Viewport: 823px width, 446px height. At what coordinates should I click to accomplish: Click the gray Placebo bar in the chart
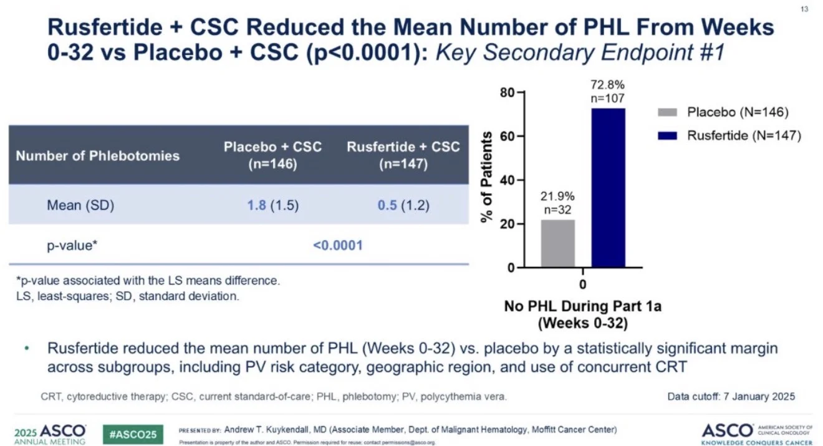(x=558, y=244)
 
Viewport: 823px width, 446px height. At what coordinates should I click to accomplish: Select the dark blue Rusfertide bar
(x=608, y=187)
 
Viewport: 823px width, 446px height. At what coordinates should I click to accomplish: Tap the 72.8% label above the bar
(x=609, y=83)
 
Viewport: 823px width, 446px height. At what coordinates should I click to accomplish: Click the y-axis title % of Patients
(x=487, y=178)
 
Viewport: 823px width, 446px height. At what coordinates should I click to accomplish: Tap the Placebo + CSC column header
(x=273, y=155)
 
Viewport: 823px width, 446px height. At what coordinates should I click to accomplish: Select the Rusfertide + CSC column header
(x=403, y=155)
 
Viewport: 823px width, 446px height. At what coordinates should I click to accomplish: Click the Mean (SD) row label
(x=80, y=205)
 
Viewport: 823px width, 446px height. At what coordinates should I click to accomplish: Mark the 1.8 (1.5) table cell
(x=273, y=205)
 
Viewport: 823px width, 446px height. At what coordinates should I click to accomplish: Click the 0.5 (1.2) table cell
(x=403, y=205)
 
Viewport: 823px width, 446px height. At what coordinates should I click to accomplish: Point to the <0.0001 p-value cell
(x=337, y=245)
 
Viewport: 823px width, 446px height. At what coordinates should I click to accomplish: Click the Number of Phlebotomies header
(x=98, y=155)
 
